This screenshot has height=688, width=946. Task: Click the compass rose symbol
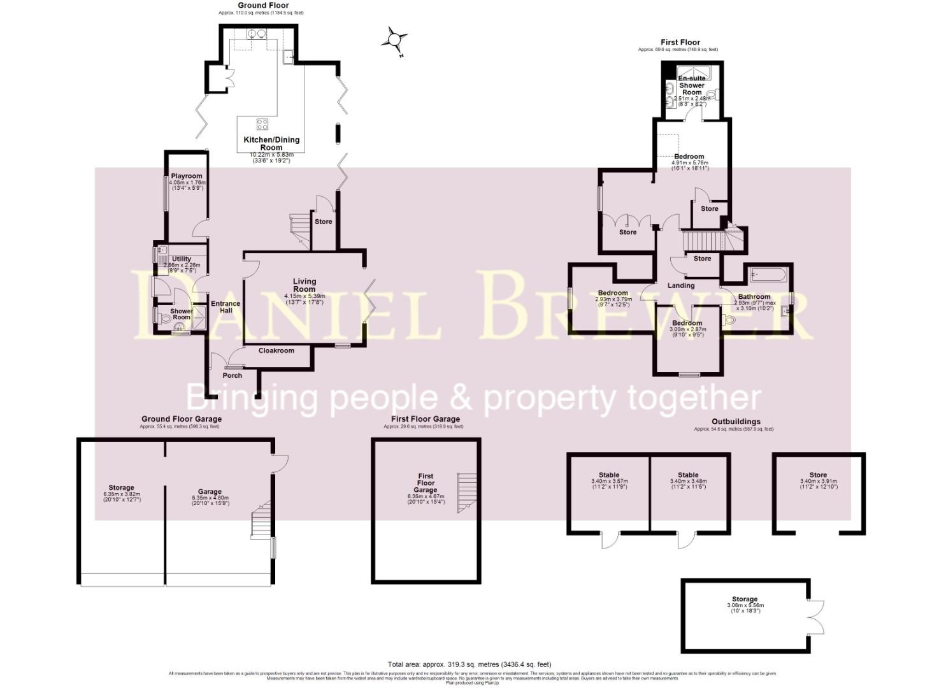point(394,41)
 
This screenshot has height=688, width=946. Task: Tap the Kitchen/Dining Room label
point(271,143)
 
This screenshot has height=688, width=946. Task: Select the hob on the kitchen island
point(262,124)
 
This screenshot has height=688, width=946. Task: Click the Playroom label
point(187,176)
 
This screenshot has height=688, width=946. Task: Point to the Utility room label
point(182,259)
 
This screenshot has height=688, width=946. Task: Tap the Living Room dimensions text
point(305,299)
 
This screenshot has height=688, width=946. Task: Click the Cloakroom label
point(276,350)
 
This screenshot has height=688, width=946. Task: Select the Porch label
point(233,375)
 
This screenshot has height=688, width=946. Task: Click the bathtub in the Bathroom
point(769,275)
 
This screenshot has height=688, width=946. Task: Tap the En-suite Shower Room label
point(692,85)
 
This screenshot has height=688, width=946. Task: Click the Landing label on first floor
point(681,285)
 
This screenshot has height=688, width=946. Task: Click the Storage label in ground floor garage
point(121,487)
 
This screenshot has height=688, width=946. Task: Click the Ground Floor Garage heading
point(182,419)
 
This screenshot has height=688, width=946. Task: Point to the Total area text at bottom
point(469,664)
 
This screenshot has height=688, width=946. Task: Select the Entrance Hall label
point(226,307)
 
